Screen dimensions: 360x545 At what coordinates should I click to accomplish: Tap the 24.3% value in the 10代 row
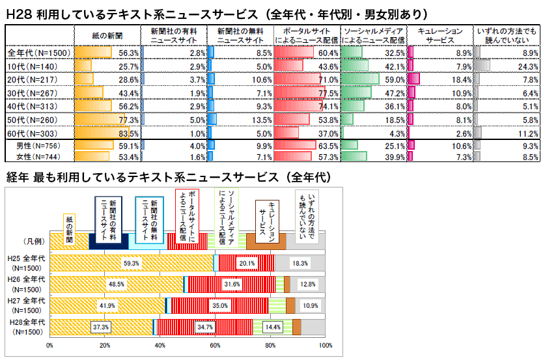(x=528, y=66)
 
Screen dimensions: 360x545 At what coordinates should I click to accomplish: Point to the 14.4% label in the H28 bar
(x=273, y=327)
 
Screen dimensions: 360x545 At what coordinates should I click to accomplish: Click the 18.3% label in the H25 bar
(x=300, y=263)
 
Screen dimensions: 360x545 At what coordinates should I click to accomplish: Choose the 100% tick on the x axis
(x=325, y=346)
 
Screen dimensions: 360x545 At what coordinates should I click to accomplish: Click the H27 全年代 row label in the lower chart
(x=25, y=304)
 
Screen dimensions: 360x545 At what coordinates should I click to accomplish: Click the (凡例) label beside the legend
(x=33, y=241)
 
